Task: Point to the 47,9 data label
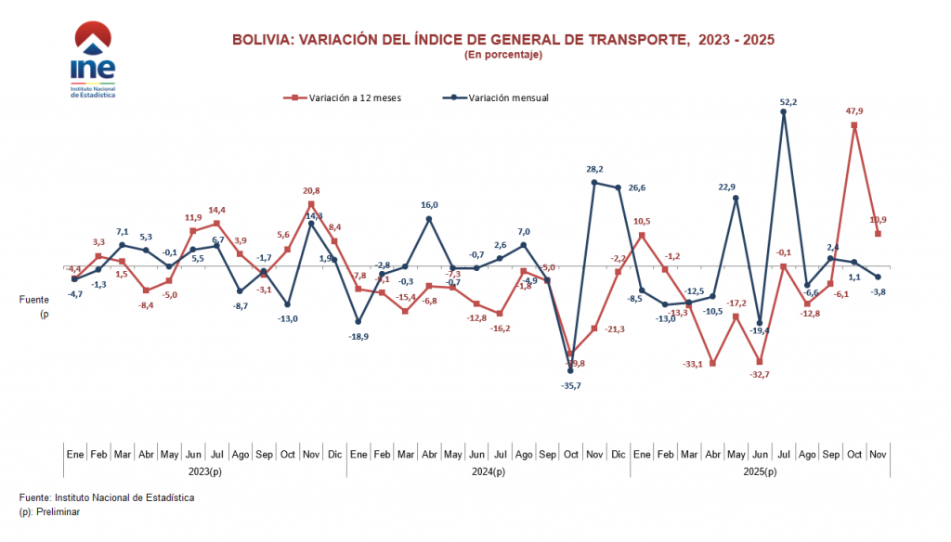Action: coord(854,110)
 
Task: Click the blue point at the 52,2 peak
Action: coord(784,112)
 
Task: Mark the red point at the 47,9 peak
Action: coord(854,124)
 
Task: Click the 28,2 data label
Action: coord(594,169)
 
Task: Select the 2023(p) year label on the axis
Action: coord(205,471)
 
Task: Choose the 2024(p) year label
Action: coord(489,471)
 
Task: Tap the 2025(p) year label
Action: coord(760,471)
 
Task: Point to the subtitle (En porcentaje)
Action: coord(502,55)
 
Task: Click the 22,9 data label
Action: coord(736,187)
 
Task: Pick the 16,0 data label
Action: coord(429,205)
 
